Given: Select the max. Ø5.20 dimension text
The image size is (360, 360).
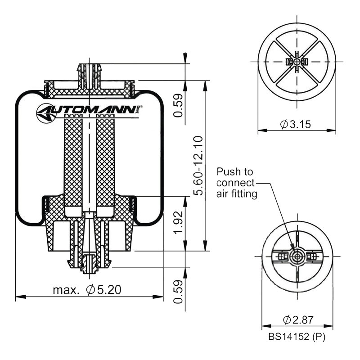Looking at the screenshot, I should (x=87, y=289).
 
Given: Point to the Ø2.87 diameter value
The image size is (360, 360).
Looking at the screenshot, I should (x=298, y=319).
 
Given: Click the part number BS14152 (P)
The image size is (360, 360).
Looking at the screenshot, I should (x=297, y=336).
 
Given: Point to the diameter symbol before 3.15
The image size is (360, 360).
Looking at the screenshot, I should (x=284, y=125).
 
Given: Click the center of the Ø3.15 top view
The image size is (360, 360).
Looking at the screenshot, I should (x=297, y=61).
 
